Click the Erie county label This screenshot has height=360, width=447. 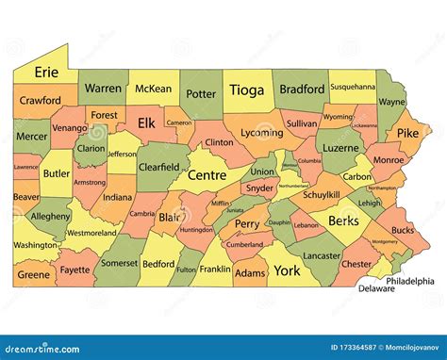[x=46, y=72]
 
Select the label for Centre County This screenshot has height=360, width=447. [x=207, y=174]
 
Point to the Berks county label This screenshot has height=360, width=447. [x=344, y=221]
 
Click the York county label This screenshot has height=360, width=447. [x=287, y=270]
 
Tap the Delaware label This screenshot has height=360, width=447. [x=376, y=289]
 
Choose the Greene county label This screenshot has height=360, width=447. [x=33, y=275]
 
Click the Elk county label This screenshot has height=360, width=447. [x=146, y=123]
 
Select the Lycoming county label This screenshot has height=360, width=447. [x=261, y=134]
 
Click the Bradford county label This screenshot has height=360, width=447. [x=302, y=90]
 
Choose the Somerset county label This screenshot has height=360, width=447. [x=119, y=265]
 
